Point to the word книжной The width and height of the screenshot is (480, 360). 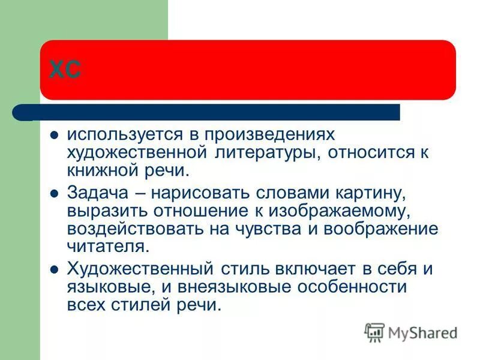pyautogui.click(x=101, y=170)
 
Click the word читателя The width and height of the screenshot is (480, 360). pyautogui.click(x=98, y=246)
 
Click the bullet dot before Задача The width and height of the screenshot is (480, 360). pyautogui.click(x=54, y=193)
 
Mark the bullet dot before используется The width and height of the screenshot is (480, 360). pyautogui.click(x=54, y=134)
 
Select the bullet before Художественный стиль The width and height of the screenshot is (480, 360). pyautogui.click(x=54, y=269)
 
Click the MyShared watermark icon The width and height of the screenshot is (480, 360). pyautogui.click(x=374, y=332)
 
